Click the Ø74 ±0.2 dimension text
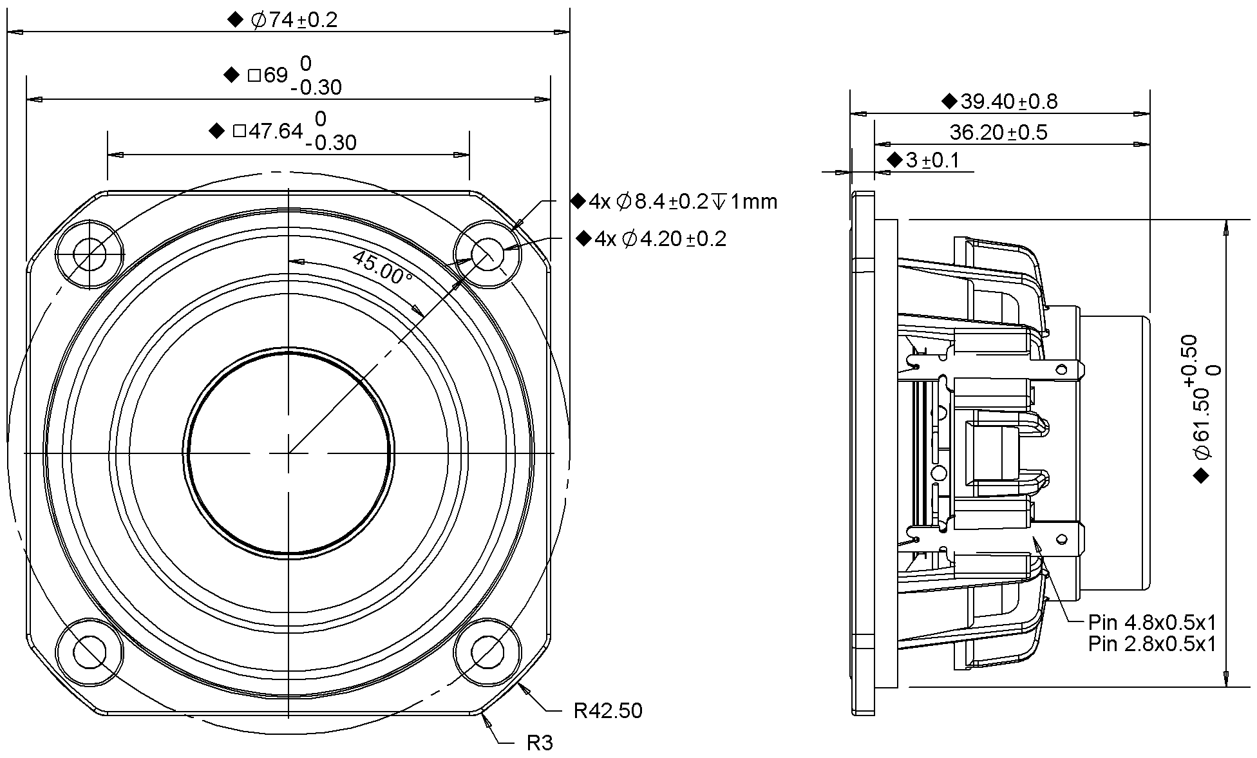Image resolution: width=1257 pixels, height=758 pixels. pyautogui.click(x=293, y=20)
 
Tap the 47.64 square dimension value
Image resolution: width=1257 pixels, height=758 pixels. pyautogui.click(x=276, y=131)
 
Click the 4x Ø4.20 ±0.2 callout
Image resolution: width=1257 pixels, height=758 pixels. pyautogui.click(x=660, y=239)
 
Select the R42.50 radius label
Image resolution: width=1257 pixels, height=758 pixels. pyautogui.click(x=607, y=711)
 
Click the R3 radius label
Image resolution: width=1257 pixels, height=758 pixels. pyautogui.click(x=540, y=743)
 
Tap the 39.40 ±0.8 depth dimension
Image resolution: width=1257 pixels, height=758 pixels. pyautogui.click(x=1008, y=101)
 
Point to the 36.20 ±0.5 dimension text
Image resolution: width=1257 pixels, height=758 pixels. pyautogui.click(x=998, y=133)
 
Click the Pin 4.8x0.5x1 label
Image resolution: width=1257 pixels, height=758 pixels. pyautogui.click(x=1152, y=622)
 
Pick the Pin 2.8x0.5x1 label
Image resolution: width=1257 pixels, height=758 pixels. pyautogui.click(x=1152, y=643)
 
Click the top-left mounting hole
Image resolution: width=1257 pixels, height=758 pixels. pyautogui.click(x=90, y=254)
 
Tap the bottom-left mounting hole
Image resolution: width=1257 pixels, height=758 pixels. pyautogui.click(x=90, y=652)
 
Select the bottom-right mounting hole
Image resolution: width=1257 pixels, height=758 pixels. pyautogui.click(x=487, y=652)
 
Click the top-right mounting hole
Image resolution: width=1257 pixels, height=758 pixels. pyautogui.click(x=487, y=254)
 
